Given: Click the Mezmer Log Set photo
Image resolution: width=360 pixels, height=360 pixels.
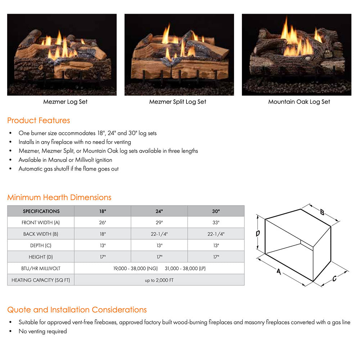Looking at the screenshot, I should [x=62, y=55].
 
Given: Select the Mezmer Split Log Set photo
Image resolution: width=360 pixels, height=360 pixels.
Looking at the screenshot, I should [x=179, y=55].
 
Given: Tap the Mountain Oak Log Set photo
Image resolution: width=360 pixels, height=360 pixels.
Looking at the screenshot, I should [x=296, y=55].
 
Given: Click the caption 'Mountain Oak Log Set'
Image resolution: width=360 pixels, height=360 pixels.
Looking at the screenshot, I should [x=299, y=102].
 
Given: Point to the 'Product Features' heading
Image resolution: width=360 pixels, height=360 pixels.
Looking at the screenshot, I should [x=39, y=121].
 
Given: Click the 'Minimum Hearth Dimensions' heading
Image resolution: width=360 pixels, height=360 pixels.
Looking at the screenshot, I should [x=59, y=197].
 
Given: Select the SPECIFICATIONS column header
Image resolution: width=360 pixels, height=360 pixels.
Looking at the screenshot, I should [x=41, y=211].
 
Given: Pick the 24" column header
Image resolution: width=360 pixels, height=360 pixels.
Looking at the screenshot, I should [x=159, y=211].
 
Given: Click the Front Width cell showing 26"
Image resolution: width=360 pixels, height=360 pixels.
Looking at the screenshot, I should [x=103, y=222].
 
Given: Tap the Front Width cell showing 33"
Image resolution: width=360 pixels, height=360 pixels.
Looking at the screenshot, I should [x=216, y=222].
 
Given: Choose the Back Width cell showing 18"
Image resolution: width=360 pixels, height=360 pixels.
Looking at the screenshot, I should [x=103, y=234].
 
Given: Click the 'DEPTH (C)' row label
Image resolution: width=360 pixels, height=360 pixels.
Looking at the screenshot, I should [x=41, y=246].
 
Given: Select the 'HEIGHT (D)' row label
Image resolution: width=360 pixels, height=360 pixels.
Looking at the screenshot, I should [x=41, y=257].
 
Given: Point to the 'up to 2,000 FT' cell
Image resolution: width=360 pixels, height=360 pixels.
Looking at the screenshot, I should [x=159, y=280].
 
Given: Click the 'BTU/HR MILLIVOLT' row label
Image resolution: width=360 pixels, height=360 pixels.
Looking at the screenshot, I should [x=41, y=269].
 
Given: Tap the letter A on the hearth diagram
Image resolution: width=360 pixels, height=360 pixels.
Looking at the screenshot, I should [x=278, y=272].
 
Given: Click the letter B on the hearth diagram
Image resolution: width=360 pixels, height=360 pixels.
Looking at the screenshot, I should [x=322, y=212].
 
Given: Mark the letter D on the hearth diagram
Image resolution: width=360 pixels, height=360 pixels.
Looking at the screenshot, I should [x=258, y=234].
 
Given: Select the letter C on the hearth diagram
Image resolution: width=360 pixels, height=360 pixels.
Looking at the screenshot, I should [x=334, y=278].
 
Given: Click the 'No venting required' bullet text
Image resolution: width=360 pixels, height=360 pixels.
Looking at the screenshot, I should [x=42, y=331].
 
